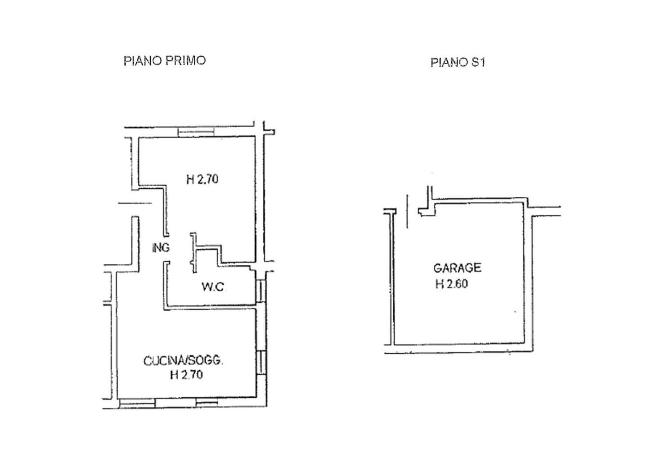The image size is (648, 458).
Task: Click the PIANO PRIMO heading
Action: click(x=165, y=61)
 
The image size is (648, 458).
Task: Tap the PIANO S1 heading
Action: click(x=458, y=63)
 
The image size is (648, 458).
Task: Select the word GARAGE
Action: click(x=457, y=268)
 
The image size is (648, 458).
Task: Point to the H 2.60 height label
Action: click(x=452, y=284)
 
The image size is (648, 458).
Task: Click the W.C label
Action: click(x=213, y=286)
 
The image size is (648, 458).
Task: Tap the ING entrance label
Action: click(x=161, y=248)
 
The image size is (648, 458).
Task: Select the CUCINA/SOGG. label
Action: click(x=184, y=361)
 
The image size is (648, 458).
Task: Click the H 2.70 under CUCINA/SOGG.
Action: click(x=187, y=375)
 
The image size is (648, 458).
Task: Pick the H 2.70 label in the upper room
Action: click(x=202, y=180)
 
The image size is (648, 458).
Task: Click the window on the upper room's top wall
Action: click(x=196, y=132)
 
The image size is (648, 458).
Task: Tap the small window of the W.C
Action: click(x=261, y=290)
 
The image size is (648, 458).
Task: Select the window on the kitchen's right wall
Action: click(x=261, y=363)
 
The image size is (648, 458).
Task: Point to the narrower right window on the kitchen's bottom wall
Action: click(x=207, y=403)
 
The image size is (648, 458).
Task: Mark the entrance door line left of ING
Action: click(x=135, y=203)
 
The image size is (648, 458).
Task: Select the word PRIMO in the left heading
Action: click(x=185, y=61)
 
